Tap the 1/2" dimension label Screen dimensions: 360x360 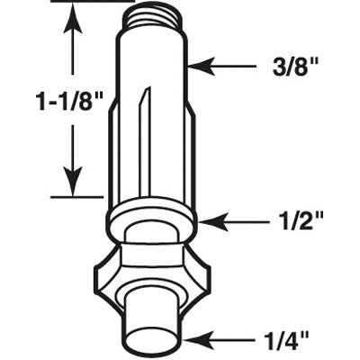pos(299,222)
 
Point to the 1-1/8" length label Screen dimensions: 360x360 pos(69,101)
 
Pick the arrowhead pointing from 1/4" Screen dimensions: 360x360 pos(197,340)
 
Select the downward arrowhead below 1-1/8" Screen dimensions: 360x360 pos(72,183)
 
